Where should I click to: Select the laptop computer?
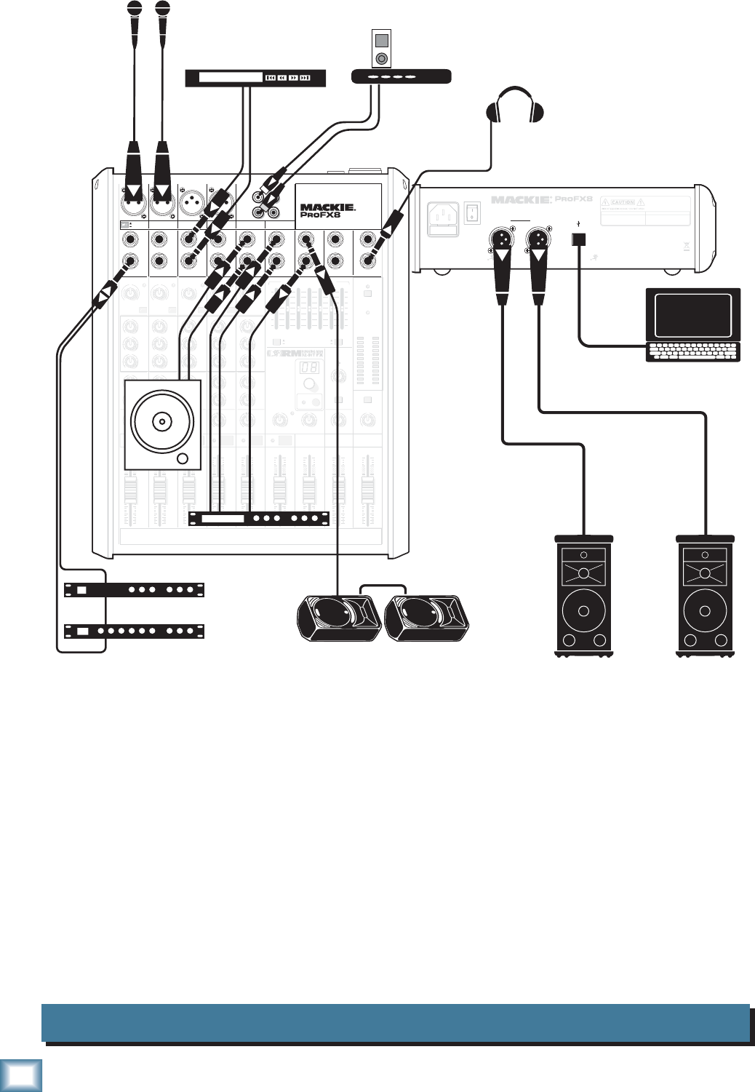[693, 324]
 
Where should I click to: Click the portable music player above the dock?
[380, 49]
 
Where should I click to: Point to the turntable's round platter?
[161, 421]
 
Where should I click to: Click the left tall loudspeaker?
[583, 596]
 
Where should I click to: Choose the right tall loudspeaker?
[705, 596]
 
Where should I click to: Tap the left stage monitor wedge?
[339, 618]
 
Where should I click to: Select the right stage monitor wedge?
[426, 618]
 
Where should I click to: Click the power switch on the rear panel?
[472, 212]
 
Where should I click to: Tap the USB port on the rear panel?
[579, 239]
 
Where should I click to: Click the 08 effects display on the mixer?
[309, 367]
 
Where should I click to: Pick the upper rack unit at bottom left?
[134, 589]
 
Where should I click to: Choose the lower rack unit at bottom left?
[134, 631]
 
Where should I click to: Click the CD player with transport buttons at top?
[255, 78]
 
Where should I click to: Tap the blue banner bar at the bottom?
[396, 1023]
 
